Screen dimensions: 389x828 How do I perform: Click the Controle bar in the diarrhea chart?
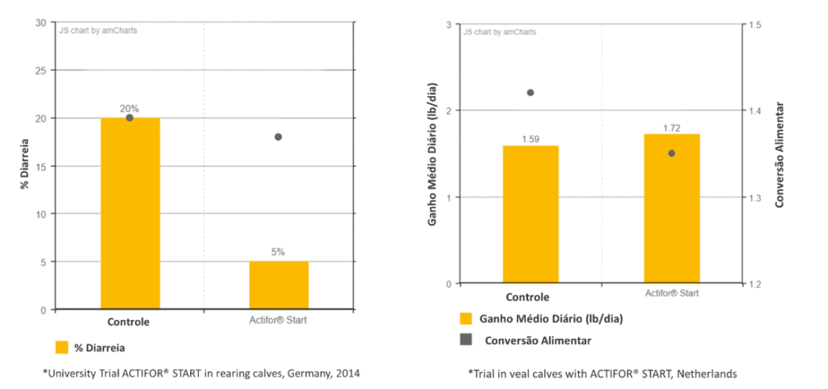(129, 214)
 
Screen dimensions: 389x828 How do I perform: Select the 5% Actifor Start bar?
(278, 285)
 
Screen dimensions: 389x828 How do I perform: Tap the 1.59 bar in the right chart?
(530, 214)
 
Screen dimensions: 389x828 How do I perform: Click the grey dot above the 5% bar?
(278, 137)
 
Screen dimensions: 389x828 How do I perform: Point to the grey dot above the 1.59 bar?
(530, 93)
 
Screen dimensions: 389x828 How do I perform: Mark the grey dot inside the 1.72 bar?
(671, 153)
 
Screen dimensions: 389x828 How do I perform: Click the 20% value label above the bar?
(129, 108)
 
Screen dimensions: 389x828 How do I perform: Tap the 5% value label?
(278, 252)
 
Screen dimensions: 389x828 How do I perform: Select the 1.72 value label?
(671, 128)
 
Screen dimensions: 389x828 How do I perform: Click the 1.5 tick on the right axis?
(755, 25)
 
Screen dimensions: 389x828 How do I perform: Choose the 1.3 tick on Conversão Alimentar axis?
(755, 197)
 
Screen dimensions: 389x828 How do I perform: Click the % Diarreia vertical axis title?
(25, 167)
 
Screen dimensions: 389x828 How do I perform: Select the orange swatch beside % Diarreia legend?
(61, 348)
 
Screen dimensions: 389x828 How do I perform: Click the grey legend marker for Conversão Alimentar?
(466, 340)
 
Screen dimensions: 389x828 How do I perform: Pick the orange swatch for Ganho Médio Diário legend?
(466, 319)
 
